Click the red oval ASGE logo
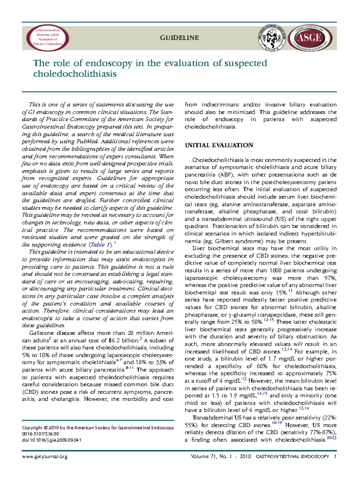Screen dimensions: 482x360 [309, 38]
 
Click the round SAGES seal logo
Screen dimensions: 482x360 [272, 38]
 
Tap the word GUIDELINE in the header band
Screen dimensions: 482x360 [179, 38]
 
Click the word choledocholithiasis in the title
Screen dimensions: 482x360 [75, 74]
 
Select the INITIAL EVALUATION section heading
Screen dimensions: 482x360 [219, 145]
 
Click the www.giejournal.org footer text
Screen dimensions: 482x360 [45, 456]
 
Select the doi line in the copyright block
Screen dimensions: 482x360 [52, 440]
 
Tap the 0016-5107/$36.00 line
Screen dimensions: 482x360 [40, 434]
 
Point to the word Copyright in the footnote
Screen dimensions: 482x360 [32, 428]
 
